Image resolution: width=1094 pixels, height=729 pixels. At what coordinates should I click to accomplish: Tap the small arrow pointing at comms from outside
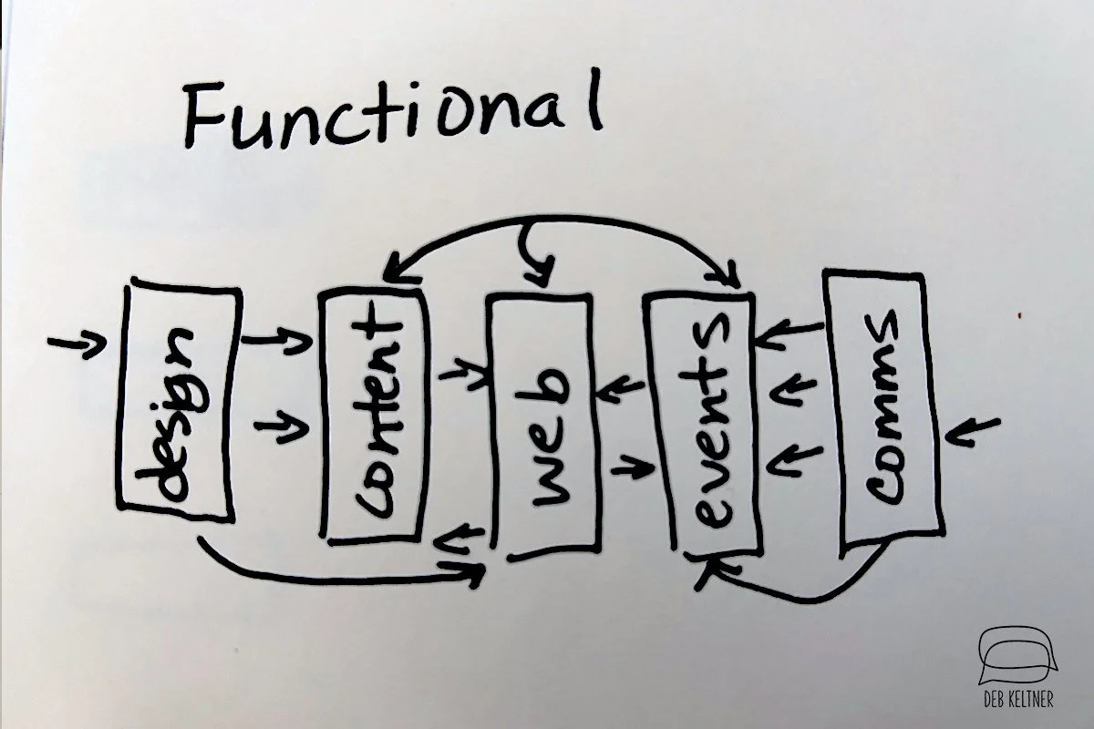click(x=972, y=430)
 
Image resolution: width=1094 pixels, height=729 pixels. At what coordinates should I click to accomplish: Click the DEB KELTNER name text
click(x=1021, y=700)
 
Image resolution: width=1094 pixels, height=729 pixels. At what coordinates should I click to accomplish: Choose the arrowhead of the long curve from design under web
click(x=474, y=573)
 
